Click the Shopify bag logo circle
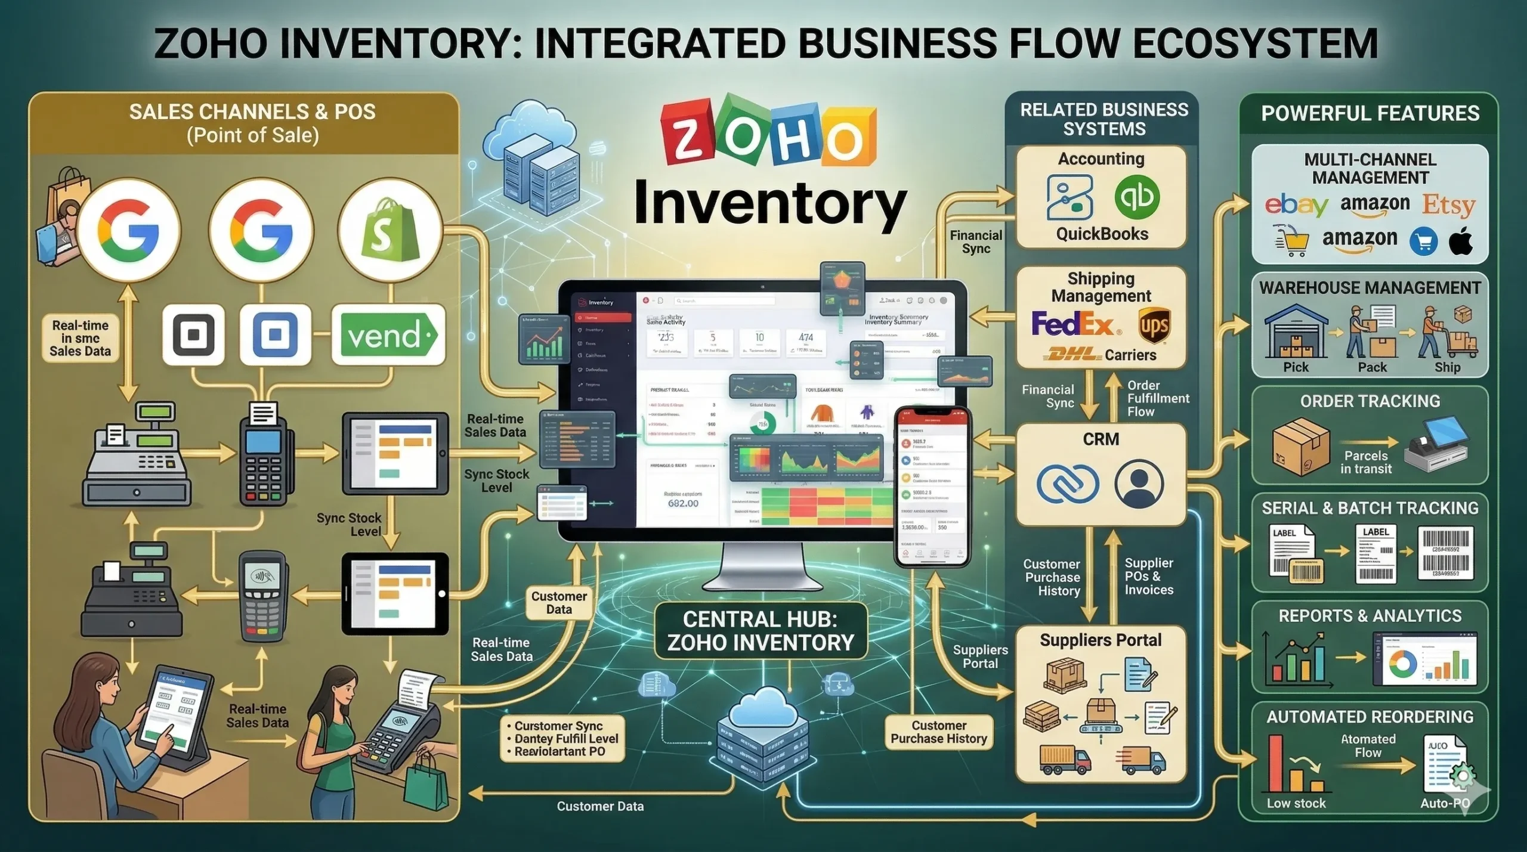pos(390,230)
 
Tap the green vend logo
pos(388,335)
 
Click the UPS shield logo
pos(1154,326)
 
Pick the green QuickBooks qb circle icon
pos(1137,197)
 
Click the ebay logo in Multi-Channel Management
pos(1296,206)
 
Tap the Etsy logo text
pos(1448,205)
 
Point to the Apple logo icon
pos(1461,241)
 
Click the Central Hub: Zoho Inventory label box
pos(761,631)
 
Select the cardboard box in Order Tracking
pos(1301,446)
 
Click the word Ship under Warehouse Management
pos(1447,367)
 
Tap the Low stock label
pos(1296,803)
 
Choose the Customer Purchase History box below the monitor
pos(938,732)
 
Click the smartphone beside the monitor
pos(932,487)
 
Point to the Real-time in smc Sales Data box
pos(80,338)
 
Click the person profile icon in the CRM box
pos(1138,484)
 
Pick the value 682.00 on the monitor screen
pos(683,503)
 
